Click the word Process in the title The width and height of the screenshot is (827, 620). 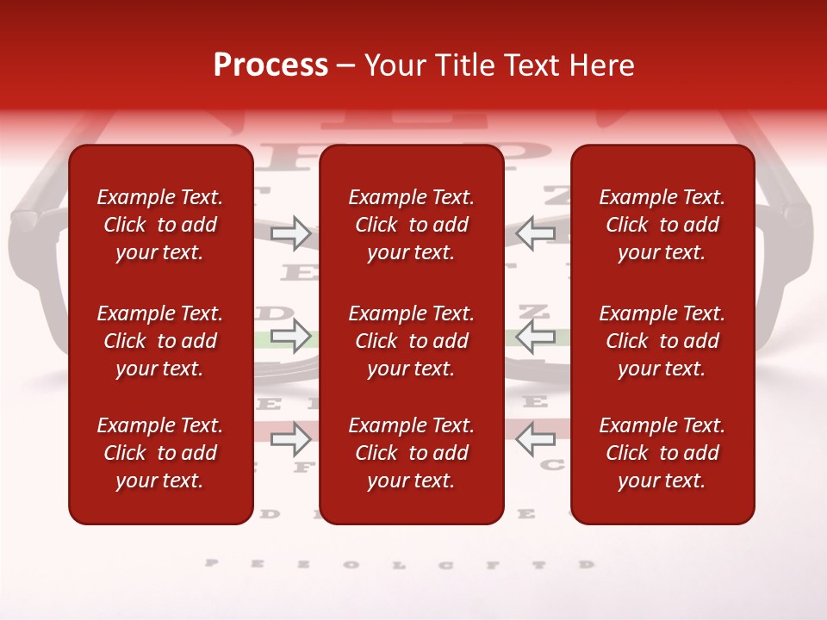tap(270, 65)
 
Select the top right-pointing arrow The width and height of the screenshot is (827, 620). tap(291, 232)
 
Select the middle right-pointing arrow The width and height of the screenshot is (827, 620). tap(291, 336)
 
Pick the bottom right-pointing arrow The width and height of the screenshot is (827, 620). tap(291, 439)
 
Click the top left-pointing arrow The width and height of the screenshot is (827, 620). tap(535, 232)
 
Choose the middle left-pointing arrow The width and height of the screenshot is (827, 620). tap(535, 336)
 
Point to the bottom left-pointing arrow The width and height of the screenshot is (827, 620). tap(535, 439)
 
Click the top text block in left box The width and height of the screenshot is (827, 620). tap(160, 225)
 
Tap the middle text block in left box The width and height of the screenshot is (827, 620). tap(160, 341)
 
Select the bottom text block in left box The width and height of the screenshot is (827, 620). tap(160, 453)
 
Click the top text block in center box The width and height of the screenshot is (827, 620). tap(411, 225)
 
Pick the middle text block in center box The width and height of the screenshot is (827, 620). tap(411, 341)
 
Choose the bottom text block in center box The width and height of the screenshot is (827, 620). tap(411, 453)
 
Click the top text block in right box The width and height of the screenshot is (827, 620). tap(662, 225)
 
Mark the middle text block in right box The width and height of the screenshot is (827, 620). tap(662, 341)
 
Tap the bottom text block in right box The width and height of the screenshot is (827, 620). tap(662, 453)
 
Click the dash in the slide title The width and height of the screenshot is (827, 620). tap(346, 66)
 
